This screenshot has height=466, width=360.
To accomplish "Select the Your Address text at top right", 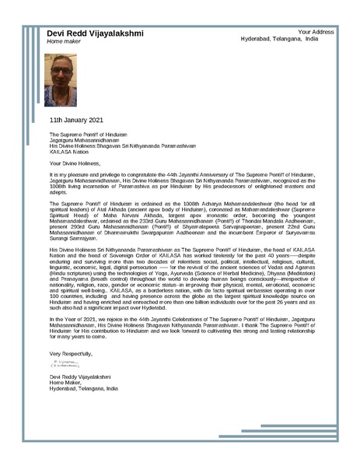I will (x=316, y=32).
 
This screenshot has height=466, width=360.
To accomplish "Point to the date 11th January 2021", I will (x=76, y=121).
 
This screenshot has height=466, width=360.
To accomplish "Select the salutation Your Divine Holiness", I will (x=75, y=163).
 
